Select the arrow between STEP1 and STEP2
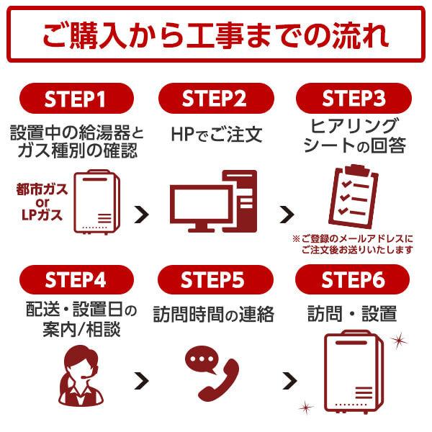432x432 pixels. coord(143,213)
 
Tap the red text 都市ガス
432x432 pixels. coord(40,191)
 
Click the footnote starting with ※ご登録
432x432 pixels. coord(353,244)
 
